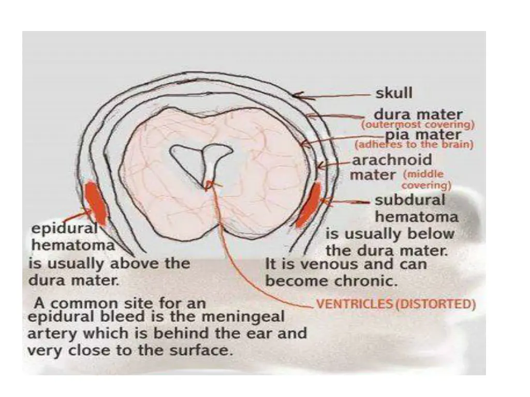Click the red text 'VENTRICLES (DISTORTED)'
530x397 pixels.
[x=395, y=304]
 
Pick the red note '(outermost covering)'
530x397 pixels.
[x=418, y=125]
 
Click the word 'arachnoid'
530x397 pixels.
[x=392, y=160]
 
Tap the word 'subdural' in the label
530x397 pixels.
[x=409, y=200]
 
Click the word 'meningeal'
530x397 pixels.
[x=251, y=316]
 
